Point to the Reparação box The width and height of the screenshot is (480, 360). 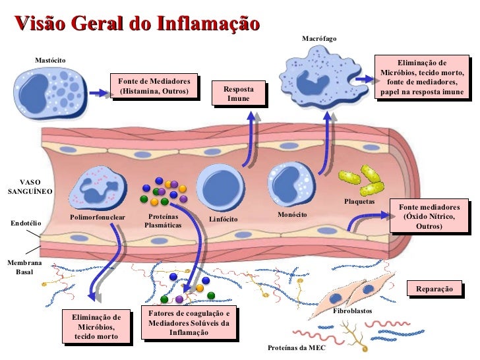tap(434, 289)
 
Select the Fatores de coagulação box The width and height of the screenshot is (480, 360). tap(188, 322)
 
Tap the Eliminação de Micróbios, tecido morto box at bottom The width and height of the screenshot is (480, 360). tap(96, 326)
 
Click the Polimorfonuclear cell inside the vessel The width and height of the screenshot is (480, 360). tap(97, 188)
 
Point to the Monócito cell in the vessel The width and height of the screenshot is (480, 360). tap(291, 184)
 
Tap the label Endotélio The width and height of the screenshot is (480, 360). tap(26, 224)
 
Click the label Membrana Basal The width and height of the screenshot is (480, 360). tap(24, 267)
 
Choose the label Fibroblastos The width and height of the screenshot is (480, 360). tap(352, 310)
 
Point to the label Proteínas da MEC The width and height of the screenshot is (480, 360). tap(296, 347)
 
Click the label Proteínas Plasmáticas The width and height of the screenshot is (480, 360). tap(163, 220)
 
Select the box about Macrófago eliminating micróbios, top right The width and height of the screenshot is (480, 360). tap(422, 77)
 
